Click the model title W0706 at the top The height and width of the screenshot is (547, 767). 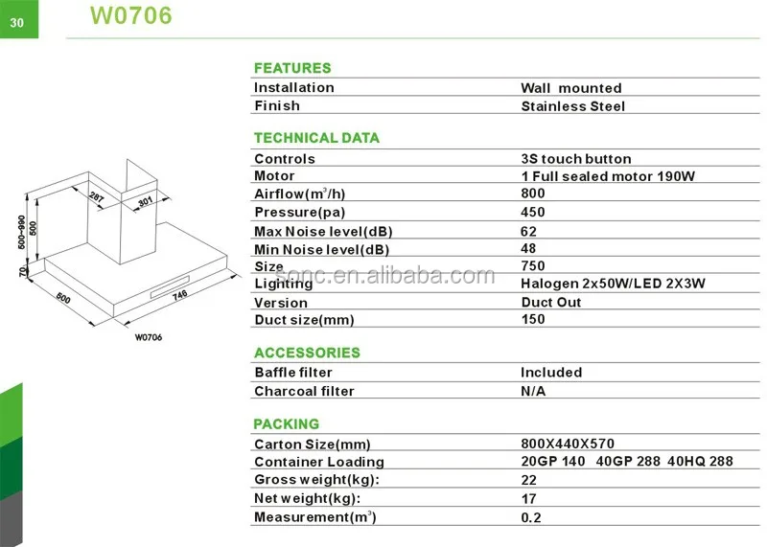coord(131,16)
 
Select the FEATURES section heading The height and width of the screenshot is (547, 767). coord(291,68)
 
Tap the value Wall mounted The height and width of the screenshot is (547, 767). coord(571,88)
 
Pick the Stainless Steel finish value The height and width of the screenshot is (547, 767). coord(572,106)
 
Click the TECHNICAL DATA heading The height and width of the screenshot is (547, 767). coord(316,138)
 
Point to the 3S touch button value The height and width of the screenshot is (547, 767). coord(576,159)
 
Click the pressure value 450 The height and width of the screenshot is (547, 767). coord(533,213)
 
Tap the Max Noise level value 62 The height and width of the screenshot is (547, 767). coord(528,231)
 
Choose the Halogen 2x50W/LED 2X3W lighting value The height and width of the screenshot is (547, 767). coord(615,285)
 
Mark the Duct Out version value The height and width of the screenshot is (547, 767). coord(551,302)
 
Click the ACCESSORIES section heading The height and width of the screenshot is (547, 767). coord(307,353)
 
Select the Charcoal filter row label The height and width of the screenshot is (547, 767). coord(304,391)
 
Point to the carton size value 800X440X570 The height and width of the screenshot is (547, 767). coord(568,444)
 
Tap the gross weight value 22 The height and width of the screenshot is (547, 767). coord(528,480)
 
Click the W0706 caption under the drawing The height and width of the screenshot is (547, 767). coord(148,336)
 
